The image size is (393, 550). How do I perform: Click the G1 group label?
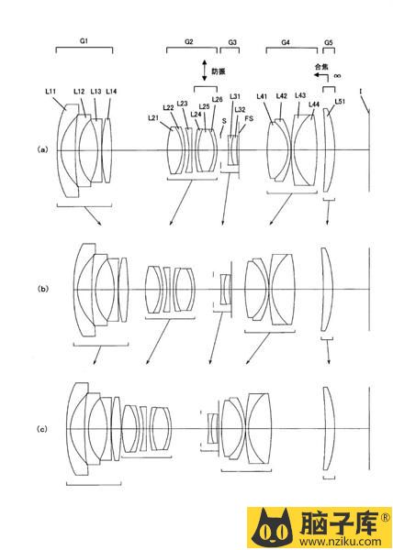coord(84,40)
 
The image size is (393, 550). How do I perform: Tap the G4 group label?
coord(286,42)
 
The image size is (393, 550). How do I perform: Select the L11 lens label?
coord(51,91)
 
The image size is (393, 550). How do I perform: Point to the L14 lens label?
coord(111,92)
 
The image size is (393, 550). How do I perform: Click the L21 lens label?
coord(153,118)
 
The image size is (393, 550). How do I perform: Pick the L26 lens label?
coord(217,99)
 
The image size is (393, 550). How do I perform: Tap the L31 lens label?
coord(235,96)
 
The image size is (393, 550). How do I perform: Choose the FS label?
coord(249,118)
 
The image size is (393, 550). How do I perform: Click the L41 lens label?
coord(262,96)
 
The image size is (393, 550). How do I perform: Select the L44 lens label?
coord(314,104)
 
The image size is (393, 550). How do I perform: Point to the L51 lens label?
coord(340,102)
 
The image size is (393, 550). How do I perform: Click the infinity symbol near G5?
coord(337,76)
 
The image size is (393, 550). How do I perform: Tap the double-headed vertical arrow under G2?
coord(204,71)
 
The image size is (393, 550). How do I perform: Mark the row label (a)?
coord(42,149)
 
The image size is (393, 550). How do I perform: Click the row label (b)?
coord(42,289)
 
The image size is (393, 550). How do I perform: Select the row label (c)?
coord(42,429)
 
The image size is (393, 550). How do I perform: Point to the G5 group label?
coord(329,42)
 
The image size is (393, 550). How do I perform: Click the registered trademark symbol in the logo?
coord(386,517)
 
